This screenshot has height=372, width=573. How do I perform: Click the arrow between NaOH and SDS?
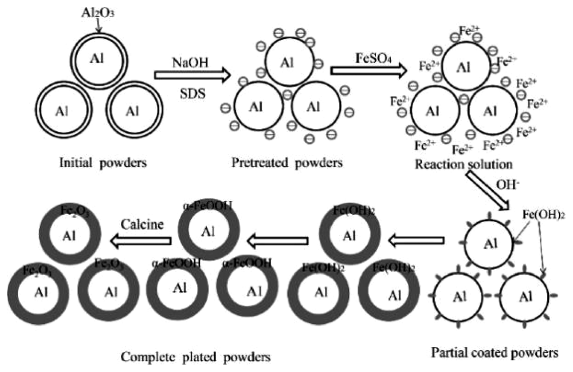tap(192, 75)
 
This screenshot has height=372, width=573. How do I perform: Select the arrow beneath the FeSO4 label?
tap(369, 70)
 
